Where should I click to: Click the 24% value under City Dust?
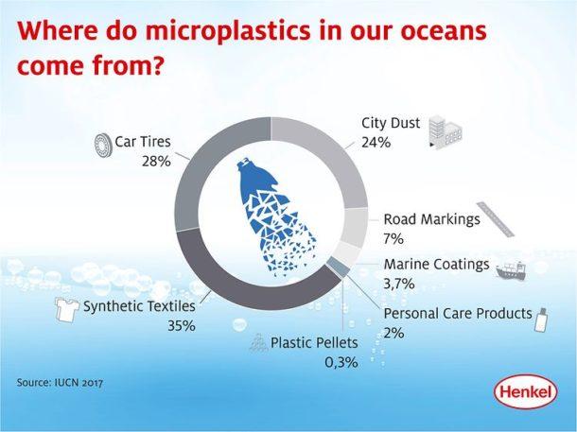click(376, 143)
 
